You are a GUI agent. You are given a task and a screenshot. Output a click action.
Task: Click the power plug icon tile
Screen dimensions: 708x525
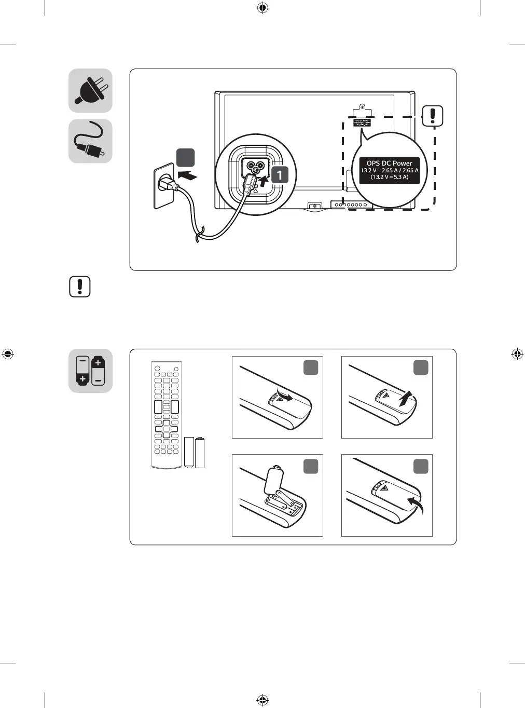point(90,91)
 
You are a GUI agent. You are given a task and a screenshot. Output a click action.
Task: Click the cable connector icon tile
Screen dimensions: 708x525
point(90,141)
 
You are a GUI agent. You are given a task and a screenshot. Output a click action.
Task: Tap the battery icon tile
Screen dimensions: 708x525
point(90,371)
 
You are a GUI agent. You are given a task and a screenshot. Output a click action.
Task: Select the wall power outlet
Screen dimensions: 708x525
point(163,186)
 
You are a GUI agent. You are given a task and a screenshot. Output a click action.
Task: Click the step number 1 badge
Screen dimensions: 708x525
point(280,174)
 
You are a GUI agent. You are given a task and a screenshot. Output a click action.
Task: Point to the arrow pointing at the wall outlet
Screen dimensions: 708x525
point(187,175)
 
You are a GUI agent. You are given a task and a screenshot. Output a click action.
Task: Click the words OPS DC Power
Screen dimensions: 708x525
point(389,163)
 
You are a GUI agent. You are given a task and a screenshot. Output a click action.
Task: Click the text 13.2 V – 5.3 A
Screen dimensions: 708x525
point(389,177)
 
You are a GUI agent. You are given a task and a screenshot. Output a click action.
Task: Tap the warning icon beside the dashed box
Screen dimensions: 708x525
point(433,115)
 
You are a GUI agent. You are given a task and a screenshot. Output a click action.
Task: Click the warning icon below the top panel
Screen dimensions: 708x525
point(80,287)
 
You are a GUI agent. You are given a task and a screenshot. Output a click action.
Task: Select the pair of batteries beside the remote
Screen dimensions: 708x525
point(195,452)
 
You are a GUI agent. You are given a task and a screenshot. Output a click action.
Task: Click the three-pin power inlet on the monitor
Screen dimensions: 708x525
point(254,168)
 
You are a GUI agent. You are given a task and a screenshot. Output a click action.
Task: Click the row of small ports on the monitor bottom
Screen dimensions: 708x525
point(351,205)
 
